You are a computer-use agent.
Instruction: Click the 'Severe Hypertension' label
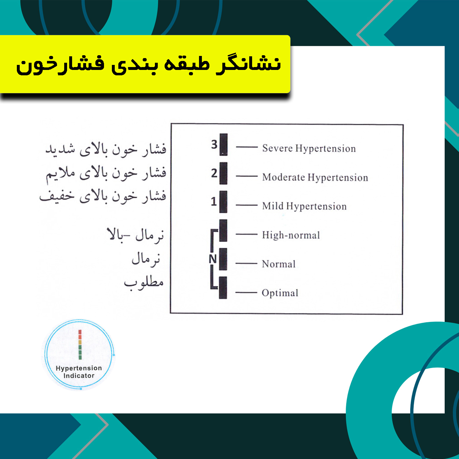pos(309,148)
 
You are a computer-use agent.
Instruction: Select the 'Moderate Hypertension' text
pos(315,177)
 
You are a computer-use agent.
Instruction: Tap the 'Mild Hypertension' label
pos(304,206)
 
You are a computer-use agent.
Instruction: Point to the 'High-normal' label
pos(291,235)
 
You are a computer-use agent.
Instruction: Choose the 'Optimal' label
pos(280,293)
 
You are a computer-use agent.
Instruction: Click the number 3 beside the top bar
pos(214,145)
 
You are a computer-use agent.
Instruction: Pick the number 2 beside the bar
pos(214,173)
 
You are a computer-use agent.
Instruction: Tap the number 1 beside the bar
pos(214,202)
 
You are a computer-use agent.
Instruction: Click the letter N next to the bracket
pos(213,259)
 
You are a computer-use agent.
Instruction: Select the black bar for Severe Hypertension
pos(223,145)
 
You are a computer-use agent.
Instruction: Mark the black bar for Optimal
pos(223,288)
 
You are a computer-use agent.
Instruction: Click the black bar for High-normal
pos(223,230)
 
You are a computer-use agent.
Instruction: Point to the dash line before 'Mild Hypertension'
pos(247,205)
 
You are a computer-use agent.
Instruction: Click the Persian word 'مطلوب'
pos(144,282)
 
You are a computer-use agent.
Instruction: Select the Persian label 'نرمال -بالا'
pos(136,235)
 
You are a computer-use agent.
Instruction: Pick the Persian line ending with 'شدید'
pos(106,149)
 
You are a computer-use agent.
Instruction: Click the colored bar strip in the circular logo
pos(80,344)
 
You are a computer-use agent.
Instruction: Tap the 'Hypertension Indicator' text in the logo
pos(79,372)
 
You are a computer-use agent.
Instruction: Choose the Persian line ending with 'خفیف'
pos(103,197)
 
